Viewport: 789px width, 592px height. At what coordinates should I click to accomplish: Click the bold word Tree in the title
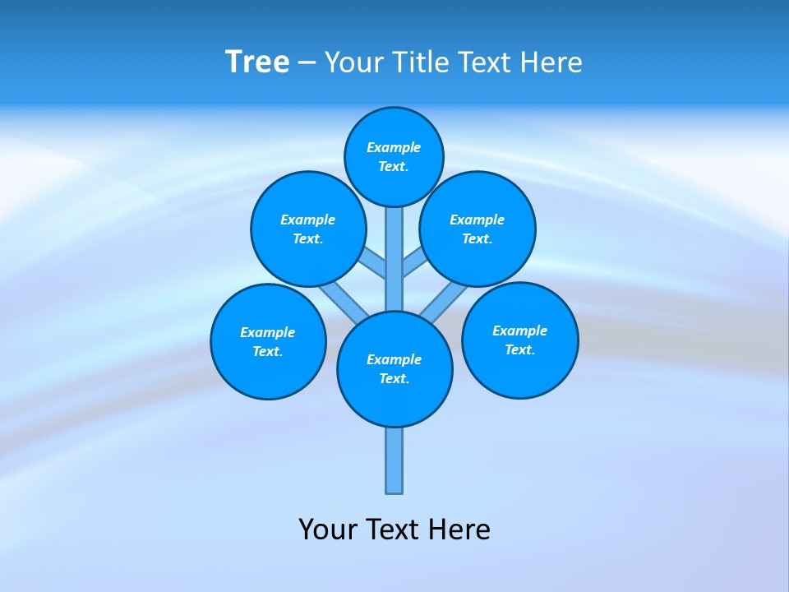tap(257, 62)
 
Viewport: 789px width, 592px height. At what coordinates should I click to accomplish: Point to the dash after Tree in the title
tap(307, 62)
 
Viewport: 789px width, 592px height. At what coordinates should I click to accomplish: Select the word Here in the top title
tap(552, 62)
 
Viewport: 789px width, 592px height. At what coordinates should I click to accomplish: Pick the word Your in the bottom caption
tap(328, 530)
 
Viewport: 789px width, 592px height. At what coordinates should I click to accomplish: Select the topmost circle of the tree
tap(394, 156)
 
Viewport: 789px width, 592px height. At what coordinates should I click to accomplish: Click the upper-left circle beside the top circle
tap(308, 229)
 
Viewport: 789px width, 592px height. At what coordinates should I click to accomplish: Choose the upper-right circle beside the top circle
tap(478, 229)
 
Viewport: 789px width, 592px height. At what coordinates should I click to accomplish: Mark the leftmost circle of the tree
tap(268, 341)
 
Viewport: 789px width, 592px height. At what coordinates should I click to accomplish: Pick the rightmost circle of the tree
tap(520, 340)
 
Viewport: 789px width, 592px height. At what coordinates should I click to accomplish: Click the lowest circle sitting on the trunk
tap(394, 369)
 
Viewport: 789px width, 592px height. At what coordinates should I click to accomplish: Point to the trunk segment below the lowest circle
tap(394, 460)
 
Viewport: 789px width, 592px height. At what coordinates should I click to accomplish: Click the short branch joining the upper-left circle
tap(374, 264)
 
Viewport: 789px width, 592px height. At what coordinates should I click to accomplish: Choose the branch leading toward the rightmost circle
tap(445, 301)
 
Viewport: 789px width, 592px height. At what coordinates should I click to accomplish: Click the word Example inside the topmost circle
tap(394, 147)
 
